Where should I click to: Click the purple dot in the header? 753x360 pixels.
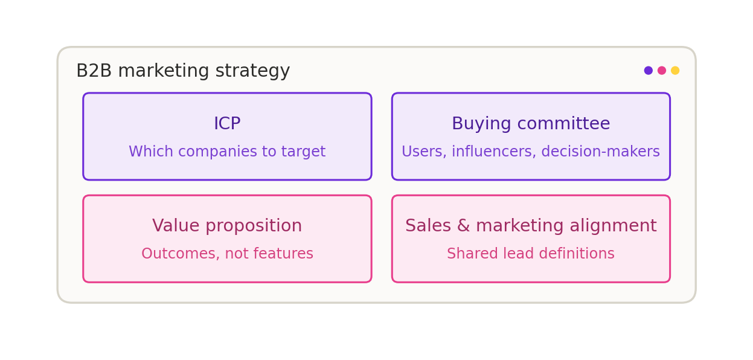point(648,70)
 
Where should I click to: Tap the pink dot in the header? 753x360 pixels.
point(662,70)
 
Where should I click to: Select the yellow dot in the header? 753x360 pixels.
point(675,70)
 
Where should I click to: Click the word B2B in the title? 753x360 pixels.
point(94,71)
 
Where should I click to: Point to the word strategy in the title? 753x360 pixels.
point(252,72)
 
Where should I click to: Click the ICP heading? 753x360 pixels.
point(227,123)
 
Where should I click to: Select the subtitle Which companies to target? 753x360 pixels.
point(227,152)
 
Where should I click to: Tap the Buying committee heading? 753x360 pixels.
point(531,124)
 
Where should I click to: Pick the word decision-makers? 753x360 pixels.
point(600,151)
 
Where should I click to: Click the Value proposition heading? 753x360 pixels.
point(227,226)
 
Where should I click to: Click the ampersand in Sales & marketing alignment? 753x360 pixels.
point(463,225)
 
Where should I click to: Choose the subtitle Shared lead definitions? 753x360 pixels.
point(531,254)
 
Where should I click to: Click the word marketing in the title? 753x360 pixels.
point(164,72)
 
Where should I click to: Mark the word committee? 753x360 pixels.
point(564,123)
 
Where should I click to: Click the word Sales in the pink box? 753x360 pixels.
point(428,225)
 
